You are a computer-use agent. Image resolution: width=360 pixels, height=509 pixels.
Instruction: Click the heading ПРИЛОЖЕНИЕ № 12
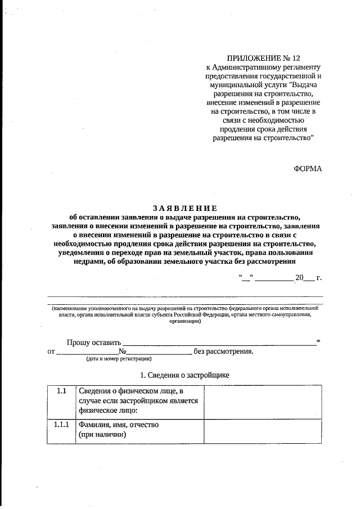[x=260, y=58]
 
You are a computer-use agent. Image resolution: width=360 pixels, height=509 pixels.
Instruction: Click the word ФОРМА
[x=308, y=168]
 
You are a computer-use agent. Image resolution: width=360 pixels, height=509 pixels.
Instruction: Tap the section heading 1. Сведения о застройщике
[x=184, y=375]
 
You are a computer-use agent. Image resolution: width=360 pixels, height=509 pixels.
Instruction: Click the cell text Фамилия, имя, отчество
[x=119, y=425]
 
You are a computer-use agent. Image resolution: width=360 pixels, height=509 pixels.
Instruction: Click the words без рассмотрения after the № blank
[x=223, y=352]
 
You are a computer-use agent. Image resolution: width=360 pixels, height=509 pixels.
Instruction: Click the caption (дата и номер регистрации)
[x=118, y=359]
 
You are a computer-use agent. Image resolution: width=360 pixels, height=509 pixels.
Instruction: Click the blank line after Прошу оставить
[x=219, y=343]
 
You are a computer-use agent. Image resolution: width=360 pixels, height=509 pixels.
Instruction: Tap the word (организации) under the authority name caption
[x=185, y=322]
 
